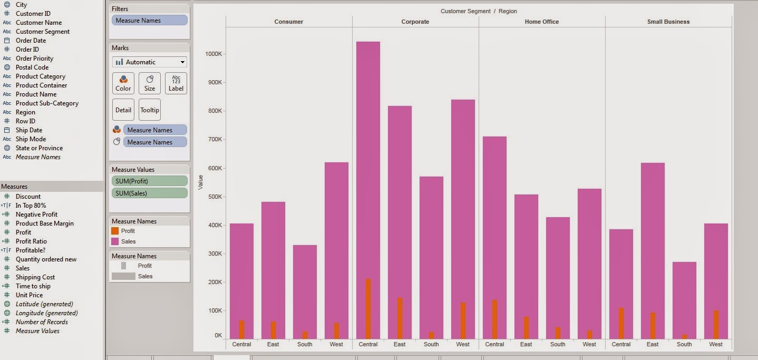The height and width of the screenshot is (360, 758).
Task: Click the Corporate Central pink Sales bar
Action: pyautogui.click(x=368, y=158)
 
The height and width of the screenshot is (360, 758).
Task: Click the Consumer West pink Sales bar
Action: pyautogui.click(x=336, y=237)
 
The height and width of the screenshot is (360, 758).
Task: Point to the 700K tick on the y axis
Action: pyautogui.click(x=214, y=140)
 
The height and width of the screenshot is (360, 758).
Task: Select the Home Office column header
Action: pyautogui.click(x=541, y=22)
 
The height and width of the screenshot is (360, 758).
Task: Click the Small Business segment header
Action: pyautogui.click(x=668, y=22)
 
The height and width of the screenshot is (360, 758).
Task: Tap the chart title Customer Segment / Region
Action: pyautogui.click(x=478, y=11)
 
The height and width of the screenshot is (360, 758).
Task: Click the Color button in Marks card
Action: pyautogui.click(x=123, y=83)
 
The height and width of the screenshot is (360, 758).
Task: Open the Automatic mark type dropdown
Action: pyautogui.click(x=150, y=62)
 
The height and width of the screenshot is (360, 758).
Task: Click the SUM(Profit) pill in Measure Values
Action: pyautogui.click(x=150, y=181)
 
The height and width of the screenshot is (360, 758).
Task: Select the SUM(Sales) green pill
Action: pyautogui.click(x=150, y=193)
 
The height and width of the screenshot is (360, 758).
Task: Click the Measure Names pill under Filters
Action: pyautogui.click(x=150, y=21)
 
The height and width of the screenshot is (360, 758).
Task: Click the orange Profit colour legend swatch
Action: pyautogui.click(x=115, y=231)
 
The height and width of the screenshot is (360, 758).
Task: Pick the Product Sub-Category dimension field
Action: pyautogui.click(x=47, y=103)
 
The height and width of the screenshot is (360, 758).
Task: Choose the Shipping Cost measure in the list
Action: pyautogui.click(x=35, y=277)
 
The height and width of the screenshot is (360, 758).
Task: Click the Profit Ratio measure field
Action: pyautogui.click(x=31, y=241)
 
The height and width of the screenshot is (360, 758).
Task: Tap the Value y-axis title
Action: pyautogui.click(x=200, y=182)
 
